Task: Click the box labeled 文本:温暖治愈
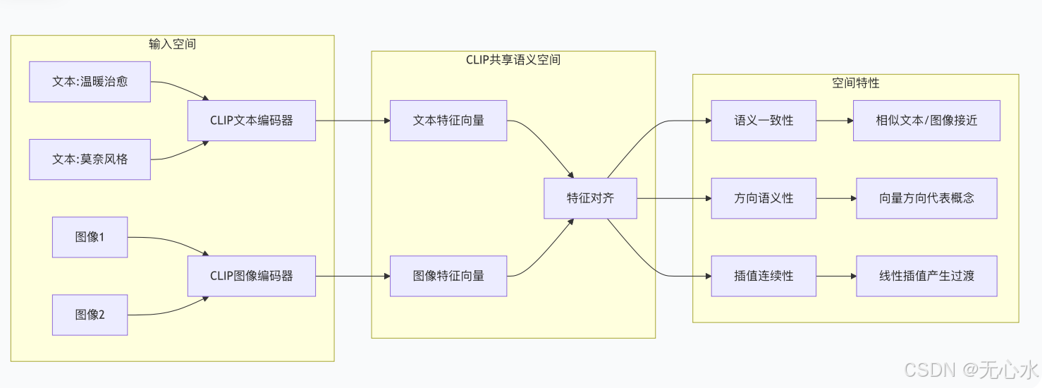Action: click(90, 81)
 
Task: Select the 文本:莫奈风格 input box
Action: click(90, 159)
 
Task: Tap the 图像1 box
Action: click(90, 237)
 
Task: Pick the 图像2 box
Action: click(90, 315)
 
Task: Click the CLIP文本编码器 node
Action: click(251, 121)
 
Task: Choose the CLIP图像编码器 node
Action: click(251, 276)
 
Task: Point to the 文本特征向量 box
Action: click(448, 121)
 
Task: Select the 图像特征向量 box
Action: click(448, 276)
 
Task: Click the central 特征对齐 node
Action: click(590, 198)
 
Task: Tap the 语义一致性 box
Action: click(764, 121)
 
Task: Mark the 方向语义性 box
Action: click(764, 198)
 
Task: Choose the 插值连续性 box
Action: click(764, 276)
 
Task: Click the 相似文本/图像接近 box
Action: click(926, 121)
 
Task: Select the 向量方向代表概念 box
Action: click(926, 198)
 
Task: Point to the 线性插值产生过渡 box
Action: click(926, 276)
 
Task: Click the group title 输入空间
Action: click(172, 44)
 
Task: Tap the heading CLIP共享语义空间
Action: click(513, 60)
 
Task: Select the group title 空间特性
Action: click(855, 83)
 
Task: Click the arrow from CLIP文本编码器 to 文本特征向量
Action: click(353, 121)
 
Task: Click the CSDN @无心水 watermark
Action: click(971, 369)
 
